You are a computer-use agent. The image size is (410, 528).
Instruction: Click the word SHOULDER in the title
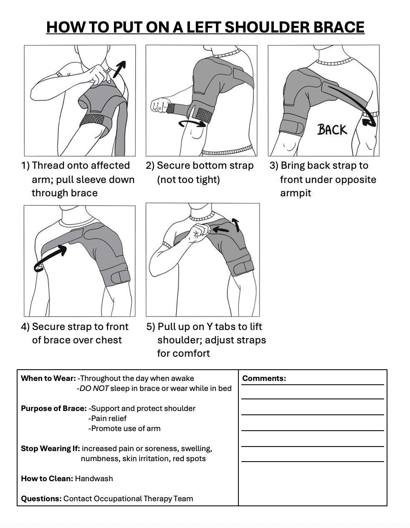tap(262, 27)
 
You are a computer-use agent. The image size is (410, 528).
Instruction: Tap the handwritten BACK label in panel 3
tap(332, 129)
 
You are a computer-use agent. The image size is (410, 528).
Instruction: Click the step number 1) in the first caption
tap(25, 166)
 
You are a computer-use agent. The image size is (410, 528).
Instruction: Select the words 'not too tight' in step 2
tap(188, 180)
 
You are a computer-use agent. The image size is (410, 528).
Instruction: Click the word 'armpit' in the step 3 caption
tap(296, 193)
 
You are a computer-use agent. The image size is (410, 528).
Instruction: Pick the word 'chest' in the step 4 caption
tap(109, 340)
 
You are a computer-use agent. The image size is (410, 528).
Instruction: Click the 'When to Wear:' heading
tap(48, 378)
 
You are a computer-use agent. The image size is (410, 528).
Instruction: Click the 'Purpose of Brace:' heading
tap(54, 409)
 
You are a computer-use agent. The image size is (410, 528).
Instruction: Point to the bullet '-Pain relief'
tap(107, 419)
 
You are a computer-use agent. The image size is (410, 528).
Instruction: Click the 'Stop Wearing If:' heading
tap(51, 449)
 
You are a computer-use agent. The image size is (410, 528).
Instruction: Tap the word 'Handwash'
tap(94, 479)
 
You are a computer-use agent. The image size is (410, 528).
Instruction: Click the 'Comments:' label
tap(264, 378)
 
